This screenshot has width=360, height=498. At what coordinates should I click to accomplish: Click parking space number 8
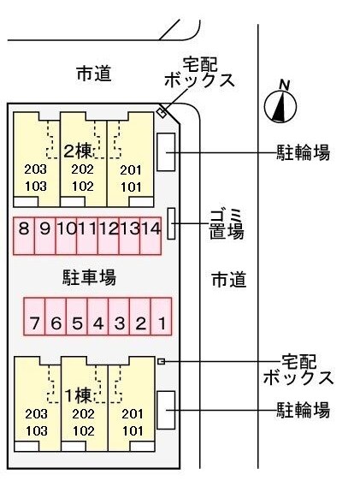[x=23, y=229]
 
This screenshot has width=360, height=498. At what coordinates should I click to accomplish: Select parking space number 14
[x=151, y=229]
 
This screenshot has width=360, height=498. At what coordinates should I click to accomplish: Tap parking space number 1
[x=161, y=324]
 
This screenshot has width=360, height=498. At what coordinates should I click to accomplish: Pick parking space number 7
[x=34, y=324]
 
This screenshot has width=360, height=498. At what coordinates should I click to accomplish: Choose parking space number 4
[x=97, y=324]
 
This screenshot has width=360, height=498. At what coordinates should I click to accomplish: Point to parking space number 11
[x=86, y=229]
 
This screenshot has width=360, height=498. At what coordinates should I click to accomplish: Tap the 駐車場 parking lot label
[x=88, y=276]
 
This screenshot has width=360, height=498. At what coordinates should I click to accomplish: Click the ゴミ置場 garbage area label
[x=227, y=223]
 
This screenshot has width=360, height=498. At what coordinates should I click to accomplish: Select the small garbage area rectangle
[x=172, y=223]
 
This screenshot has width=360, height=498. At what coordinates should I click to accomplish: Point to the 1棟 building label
[x=79, y=395]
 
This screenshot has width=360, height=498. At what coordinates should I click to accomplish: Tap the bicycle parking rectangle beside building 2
[x=167, y=151]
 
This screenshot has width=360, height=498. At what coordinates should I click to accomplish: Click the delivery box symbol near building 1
[x=161, y=362]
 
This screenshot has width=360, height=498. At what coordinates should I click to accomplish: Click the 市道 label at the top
[x=93, y=74]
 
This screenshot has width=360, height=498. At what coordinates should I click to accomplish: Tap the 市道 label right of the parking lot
[x=228, y=280]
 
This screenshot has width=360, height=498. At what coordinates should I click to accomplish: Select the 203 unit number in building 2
[x=35, y=169]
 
